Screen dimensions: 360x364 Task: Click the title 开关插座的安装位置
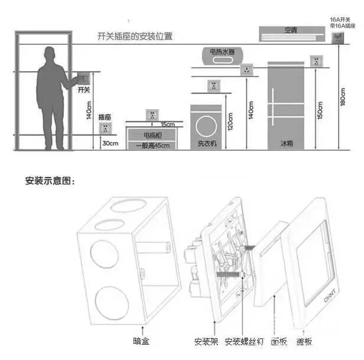click(x=135, y=36)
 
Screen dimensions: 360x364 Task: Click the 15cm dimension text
click(x=167, y=125)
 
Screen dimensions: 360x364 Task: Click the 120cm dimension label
click(x=232, y=120)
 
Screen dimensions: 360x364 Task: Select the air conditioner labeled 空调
click(x=290, y=34)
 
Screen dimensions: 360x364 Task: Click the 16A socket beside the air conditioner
click(x=339, y=38)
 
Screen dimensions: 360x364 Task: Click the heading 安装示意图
click(x=51, y=181)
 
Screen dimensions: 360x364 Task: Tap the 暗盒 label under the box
click(x=141, y=341)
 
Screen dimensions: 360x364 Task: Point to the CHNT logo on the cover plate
click(x=314, y=299)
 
